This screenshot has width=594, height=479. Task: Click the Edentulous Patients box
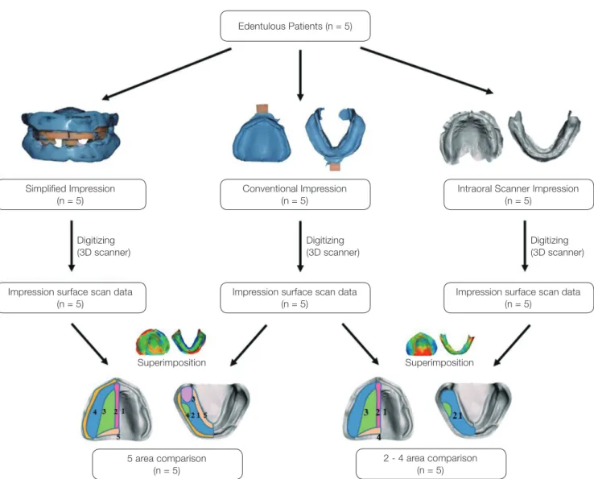pyautogui.click(x=295, y=26)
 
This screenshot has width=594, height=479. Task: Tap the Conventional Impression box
pyautogui.click(x=295, y=194)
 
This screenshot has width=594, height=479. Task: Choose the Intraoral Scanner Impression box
pyautogui.click(x=518, y=194)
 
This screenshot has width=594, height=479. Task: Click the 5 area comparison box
pyautogui.click(x=167, y=465)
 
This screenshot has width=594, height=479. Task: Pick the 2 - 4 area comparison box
pyautogui.click(x=431, y=464)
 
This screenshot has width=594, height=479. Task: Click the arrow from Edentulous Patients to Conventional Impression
pyautogui.click(x=300, y=75)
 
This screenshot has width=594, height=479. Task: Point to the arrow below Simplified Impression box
pyautogui.click(x=71, y=246)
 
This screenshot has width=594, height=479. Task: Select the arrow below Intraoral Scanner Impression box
pyautogui.click(x=525, y=246)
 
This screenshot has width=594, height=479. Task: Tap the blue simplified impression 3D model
pyautogui.click(x=71, y=134)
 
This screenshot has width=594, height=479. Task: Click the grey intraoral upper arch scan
pyautogui.click(x=472, y=137)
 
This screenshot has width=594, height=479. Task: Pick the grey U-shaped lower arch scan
pyautogui.click(x=544, y=136)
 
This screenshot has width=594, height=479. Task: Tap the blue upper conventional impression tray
pyautogui.click(x=262, y=134)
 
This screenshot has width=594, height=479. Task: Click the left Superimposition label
pyautogui.click(x=171, y=362)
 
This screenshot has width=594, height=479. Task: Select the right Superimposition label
pyautogui.click(x=439, y=362)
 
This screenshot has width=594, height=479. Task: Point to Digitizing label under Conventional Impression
pyautogui.click(x=332, y=246)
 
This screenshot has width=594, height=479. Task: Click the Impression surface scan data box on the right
pyautogui.click(x=518, y=298)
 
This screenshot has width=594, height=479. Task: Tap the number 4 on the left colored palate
pyautogui.click(x=95, y=411)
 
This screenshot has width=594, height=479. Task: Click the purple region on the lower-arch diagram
pyautogui.click(x=187, y=394)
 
